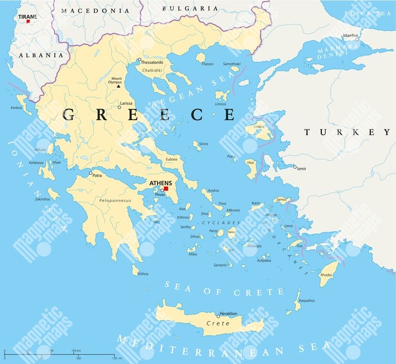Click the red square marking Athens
click(x=166, y=188)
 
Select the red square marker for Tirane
click(x=21, y=21)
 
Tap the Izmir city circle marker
click(x=295, y=167)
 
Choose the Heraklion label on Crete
click(x=228, y=313)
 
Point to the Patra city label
click(x=97, y=177)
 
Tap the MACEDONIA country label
click(x=95, y=10)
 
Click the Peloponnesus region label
click(x=115, y=201)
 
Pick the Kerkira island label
click(x=16, y=108)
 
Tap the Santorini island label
click(x=220, y=265)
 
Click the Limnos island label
click(x=220, y=104)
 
